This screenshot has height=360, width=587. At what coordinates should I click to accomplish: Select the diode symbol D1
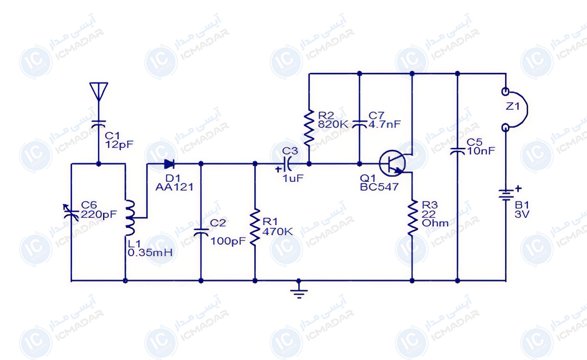(170, 164)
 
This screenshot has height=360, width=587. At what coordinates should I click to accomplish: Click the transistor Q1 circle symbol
(392, 163)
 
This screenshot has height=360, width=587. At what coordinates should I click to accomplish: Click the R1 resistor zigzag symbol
(255, 227)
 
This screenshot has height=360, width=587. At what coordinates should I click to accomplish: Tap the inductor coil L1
(130, 218)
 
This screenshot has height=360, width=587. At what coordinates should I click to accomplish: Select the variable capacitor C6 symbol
(71, 212)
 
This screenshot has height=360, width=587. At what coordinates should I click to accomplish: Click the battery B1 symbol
(506, 195)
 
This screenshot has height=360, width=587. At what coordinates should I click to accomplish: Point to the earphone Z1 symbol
(515, 109)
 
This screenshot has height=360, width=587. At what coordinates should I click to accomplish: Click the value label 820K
(333, 125)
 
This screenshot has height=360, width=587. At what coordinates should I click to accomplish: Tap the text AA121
(174, 187)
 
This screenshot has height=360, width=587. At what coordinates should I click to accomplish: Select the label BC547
(379, 187)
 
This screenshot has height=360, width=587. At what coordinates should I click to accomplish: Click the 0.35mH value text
(150, 253)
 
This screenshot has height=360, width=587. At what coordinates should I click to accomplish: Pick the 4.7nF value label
(384, 124)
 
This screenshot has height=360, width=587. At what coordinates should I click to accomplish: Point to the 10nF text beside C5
(481, 151)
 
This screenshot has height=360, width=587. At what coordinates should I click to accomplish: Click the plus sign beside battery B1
(518, 189)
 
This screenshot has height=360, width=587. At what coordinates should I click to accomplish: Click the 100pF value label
(228, 241)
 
